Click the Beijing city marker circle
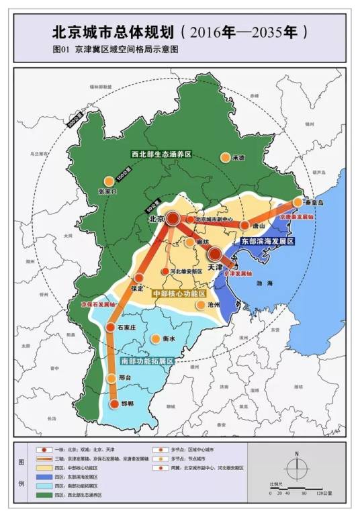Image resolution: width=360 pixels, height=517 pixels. click(173, 218)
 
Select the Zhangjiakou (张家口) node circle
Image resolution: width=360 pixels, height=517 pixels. click(108, 181)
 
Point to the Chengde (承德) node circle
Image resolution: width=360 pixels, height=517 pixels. click(225, 157)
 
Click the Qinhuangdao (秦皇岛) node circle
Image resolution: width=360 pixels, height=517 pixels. click(298, 201)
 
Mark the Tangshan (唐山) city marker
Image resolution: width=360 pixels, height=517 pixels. click(245, 226)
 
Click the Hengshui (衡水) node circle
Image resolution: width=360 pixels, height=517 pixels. click(156, 339)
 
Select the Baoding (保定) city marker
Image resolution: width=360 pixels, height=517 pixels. click(139, 277)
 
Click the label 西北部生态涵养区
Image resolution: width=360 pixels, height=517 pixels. click(161, 154)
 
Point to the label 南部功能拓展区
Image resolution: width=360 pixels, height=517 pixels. click(148, 361)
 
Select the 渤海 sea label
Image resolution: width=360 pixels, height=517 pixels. click(264, 284)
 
